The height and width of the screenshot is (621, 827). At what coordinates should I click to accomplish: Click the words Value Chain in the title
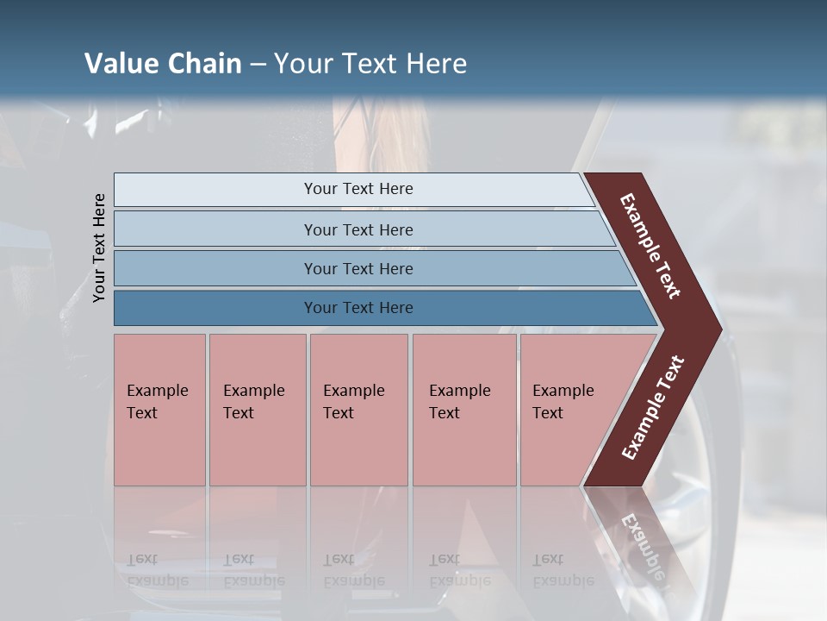tap(163, 64)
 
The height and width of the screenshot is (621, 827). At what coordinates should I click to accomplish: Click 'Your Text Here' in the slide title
tap(370, 64)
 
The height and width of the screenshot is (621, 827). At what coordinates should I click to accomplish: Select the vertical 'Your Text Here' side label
tap(99, 248)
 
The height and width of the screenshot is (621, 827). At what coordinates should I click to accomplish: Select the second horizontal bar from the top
tap(358, 229)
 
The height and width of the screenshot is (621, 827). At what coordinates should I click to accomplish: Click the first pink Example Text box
tap(159, 410)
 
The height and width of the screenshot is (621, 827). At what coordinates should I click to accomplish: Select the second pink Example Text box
tap(257, 410)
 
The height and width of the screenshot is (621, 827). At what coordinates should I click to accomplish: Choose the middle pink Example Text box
tap(358, 410)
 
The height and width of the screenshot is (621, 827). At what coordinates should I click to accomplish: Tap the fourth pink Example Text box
tap(463, 410)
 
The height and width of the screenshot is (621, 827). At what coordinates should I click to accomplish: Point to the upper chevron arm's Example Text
tap(650, 246)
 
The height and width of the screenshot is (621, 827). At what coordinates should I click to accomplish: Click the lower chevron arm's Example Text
tap(653, 407)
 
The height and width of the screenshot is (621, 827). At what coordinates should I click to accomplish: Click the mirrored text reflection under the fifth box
tap(562, 570)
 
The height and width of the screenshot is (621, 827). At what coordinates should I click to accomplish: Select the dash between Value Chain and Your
tap(258, 65)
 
